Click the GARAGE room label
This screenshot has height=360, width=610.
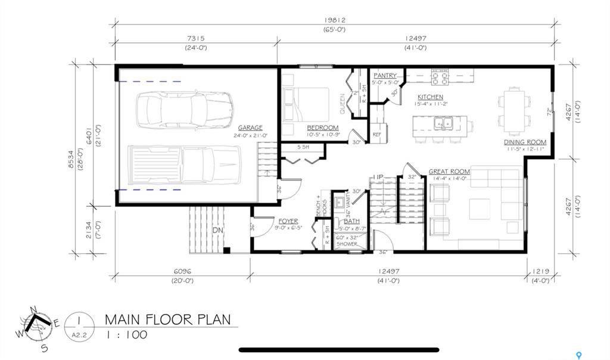click(250, 128)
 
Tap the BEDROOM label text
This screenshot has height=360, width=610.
click(323, 128)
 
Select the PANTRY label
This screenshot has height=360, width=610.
click(385, 76)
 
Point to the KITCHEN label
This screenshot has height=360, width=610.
click(430, 97)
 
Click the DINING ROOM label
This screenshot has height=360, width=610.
click(525, 142)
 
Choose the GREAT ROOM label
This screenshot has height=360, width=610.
click(449, 172)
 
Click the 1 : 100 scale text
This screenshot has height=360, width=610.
click(126, 335)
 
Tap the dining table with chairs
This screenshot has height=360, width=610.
click(513, 108)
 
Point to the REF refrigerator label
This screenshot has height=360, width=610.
click(376, 135)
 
